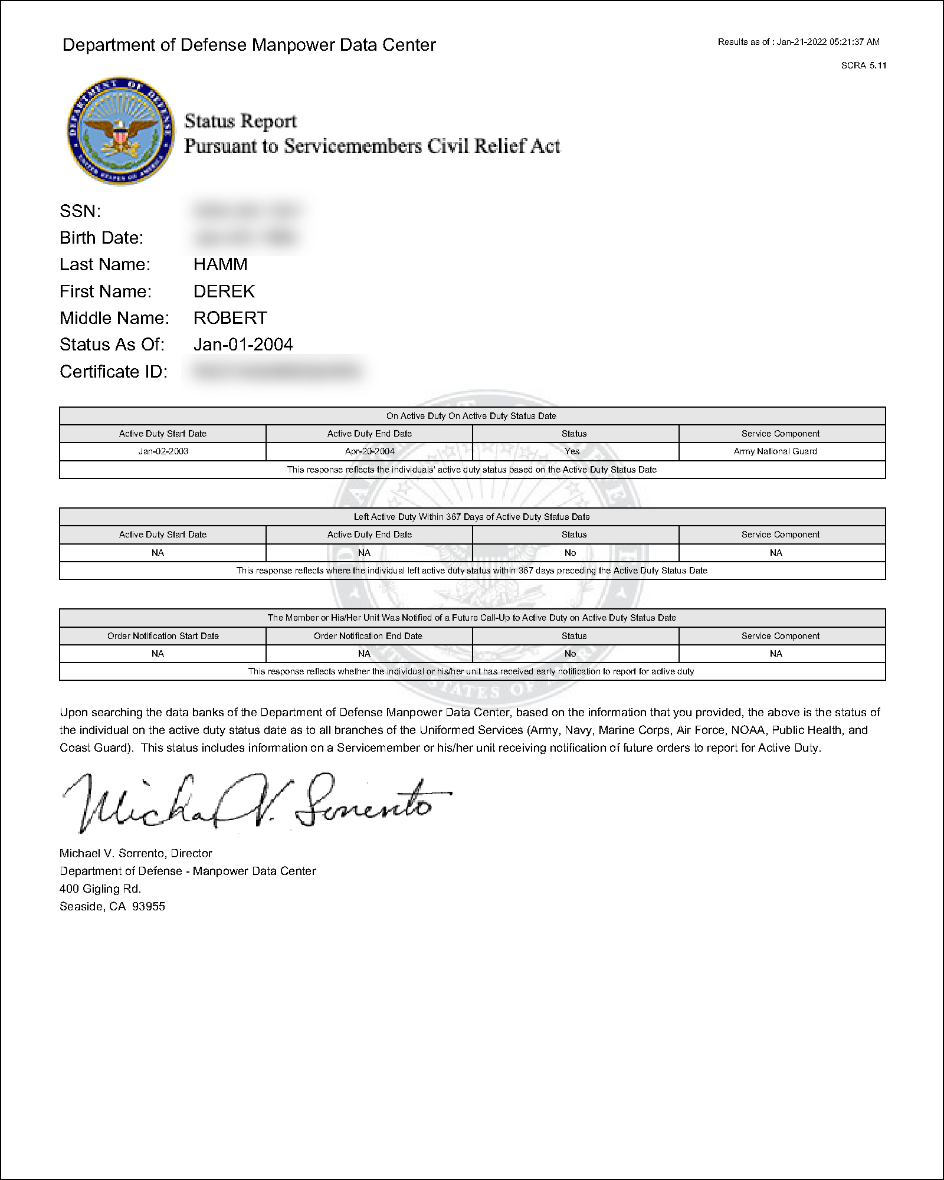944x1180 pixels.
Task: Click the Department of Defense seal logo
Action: [120, 131]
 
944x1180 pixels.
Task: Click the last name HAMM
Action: [220, 264]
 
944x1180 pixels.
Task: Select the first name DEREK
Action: [224, 291]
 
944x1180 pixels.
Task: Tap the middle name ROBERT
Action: [230, 318]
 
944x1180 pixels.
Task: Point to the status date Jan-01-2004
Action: [243, 345]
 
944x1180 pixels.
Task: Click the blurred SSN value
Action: [247, 211]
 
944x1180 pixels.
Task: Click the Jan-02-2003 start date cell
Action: [163, 451]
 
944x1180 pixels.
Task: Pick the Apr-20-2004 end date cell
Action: [369, 451]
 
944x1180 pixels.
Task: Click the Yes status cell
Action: [572, 451]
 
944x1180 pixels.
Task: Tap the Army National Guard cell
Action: [775, 451]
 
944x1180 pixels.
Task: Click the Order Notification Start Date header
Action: [163, 636]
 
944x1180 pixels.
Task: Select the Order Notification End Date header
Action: [368, 636]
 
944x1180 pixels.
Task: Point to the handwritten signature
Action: [254, 802]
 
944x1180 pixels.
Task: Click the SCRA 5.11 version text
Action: [863, 65]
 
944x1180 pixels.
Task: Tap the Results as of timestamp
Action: [798, 42]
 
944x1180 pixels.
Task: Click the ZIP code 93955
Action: [149, 906]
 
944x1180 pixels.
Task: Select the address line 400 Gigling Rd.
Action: [100, 889]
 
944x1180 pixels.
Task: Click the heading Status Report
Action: [240, 122]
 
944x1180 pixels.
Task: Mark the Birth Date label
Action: [101, 238]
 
